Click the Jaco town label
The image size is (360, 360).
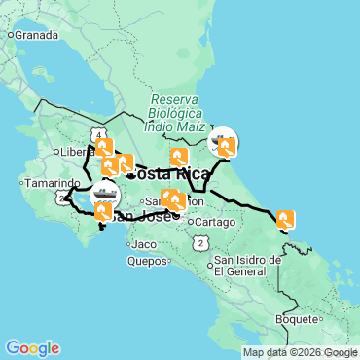(x=145, y=243)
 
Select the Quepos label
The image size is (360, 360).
(x=149, y=261)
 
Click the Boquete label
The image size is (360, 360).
(x=297, y=318)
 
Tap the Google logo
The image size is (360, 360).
(x=32, y=348)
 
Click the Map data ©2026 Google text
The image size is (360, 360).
(x=300, y=352)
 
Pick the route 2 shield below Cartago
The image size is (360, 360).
(x=199, y=242)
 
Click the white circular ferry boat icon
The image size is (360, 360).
(x=104, y=194)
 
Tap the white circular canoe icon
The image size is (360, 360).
(x=223, y=142)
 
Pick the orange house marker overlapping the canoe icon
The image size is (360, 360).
(x=228, y=147)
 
